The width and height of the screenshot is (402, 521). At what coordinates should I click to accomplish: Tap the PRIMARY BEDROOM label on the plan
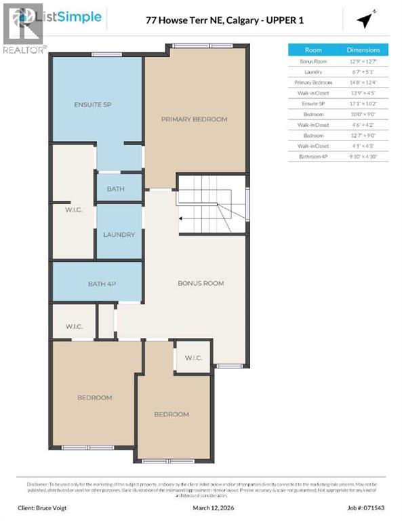point(194,119)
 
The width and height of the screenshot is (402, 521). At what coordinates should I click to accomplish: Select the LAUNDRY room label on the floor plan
point(119,235)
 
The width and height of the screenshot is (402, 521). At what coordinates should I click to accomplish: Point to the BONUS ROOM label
point(201,283)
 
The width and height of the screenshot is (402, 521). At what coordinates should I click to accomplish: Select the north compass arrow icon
point(366,20)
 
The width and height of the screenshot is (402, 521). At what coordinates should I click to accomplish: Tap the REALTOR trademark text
point(24,50)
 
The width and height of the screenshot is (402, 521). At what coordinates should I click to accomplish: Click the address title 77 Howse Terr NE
point(224,20)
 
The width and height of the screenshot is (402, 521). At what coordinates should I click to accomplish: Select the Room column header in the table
point(313,50)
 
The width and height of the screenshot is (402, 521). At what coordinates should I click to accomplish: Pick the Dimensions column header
point(363,50)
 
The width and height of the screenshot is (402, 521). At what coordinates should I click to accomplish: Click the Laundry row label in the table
point(313,71)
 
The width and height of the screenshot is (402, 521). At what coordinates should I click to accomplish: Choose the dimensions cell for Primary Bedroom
point(363,82)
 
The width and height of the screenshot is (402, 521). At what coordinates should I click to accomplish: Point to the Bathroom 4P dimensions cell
point(363,157)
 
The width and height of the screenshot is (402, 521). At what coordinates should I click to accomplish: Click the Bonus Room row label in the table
point(313,61)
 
